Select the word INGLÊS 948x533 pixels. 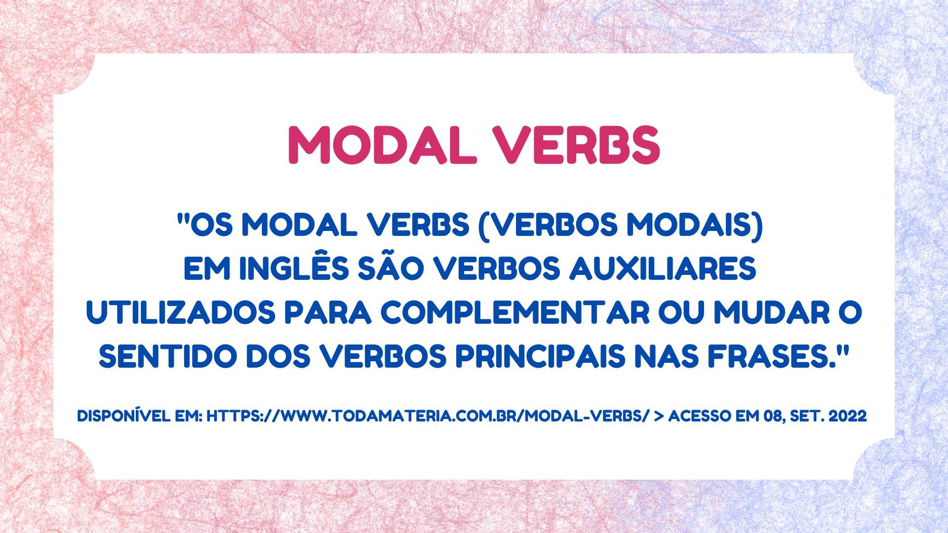click(273, 269)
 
